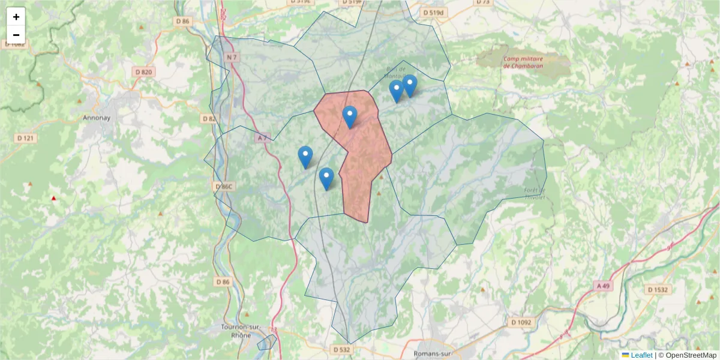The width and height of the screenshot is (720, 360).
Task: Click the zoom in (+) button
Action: [x=16, y=17]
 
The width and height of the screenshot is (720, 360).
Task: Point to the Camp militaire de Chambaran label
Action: [x=523, y=62]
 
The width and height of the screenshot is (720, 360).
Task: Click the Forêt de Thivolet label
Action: [x=535, y=194]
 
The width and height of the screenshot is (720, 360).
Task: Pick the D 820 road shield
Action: [x=144, y=72]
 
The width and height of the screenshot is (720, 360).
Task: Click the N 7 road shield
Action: [x=233, y=57]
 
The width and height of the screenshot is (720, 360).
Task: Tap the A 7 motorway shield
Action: [x=262, y=138]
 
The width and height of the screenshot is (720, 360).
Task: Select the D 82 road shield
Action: [x=209, y=119]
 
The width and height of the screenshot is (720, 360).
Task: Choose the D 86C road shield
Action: [x=223, y=187]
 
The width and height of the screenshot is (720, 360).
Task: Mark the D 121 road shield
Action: [x=23, y=139]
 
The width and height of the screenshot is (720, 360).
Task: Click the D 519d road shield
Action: [x=434, y=12]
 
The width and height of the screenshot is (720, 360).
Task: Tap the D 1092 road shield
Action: [x=521, y=322]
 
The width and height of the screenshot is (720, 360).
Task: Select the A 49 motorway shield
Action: [x=603, y=286]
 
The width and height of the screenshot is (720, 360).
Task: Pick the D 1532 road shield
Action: [x=658, y=290]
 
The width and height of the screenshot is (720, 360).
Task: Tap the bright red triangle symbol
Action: [x=53, y=198]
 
